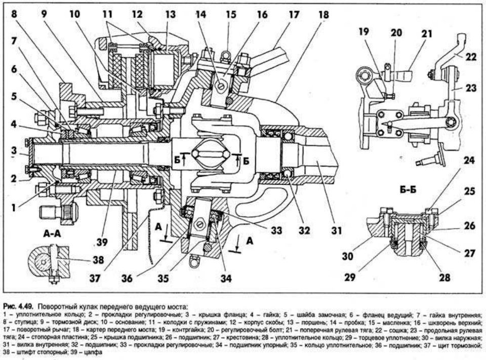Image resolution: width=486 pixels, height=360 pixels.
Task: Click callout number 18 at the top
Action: coord(323,15)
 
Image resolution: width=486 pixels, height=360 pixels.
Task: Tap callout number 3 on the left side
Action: coord(14,151)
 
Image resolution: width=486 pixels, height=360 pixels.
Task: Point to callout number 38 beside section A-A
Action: coord(98,259)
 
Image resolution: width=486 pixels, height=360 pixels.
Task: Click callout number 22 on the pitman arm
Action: coord(470,57)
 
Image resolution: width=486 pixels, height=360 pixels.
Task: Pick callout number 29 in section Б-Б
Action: coord(350,276)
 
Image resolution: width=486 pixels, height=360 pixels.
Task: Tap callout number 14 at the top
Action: coord(200,15)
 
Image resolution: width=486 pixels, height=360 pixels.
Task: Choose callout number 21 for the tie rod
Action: coord(427,33)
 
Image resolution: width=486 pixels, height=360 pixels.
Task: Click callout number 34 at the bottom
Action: coord(226,278)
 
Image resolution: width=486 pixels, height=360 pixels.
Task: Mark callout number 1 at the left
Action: coord(13,207)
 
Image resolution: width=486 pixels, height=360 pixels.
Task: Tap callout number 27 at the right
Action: coord(470,253)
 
